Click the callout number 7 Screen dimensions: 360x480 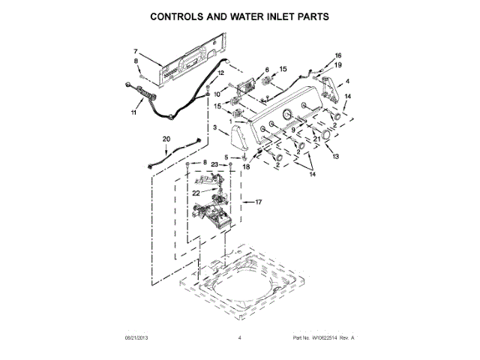136,51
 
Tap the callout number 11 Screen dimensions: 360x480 134,113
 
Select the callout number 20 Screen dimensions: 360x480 166,139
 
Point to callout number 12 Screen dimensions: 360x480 199,73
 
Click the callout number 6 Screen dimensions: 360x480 266,70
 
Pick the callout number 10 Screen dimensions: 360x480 217,94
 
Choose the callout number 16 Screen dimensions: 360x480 337,55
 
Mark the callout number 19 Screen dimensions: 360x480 337,65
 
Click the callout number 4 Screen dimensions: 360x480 347,81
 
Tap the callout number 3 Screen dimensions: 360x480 215,129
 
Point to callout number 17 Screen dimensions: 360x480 259,202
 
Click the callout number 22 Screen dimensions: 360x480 196,193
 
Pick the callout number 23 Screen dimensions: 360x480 214,163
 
